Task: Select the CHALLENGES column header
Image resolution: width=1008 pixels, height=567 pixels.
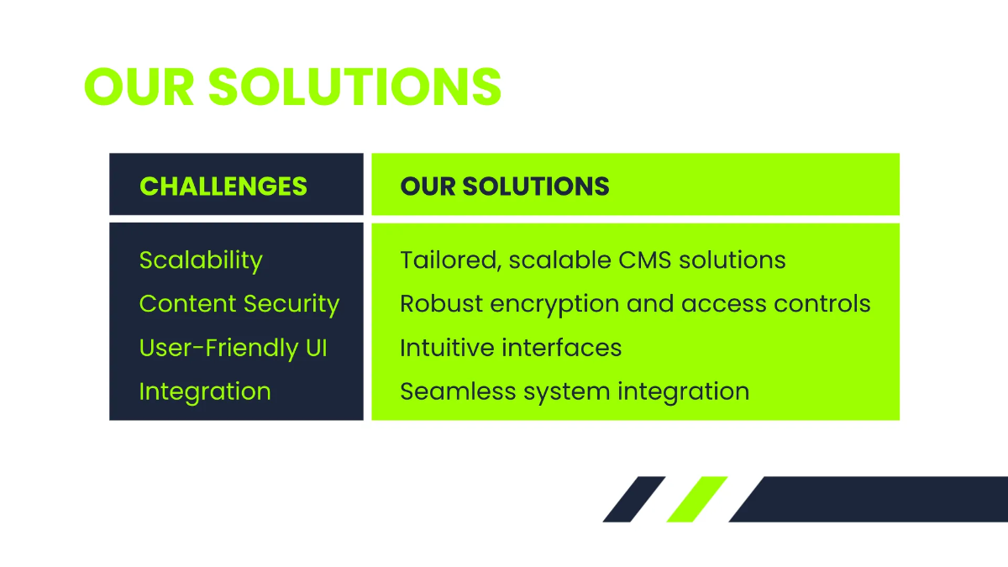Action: tap(223, 186)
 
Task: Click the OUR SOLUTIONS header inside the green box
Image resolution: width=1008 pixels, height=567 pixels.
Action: tap(505, 186)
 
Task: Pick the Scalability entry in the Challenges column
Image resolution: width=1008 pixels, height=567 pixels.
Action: tap(201, 260)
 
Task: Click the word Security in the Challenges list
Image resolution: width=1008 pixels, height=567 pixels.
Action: tap(291, 304)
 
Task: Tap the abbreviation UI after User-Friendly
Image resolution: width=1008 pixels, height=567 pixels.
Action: tap(315, 348)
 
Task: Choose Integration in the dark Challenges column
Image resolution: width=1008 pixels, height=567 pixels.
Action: tap(205, 391)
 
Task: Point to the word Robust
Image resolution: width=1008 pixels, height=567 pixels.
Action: tap(441, 304)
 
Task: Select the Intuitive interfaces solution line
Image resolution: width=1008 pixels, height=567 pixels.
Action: tap(511, 348)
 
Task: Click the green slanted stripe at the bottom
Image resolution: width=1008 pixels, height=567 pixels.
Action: tap(696, 499)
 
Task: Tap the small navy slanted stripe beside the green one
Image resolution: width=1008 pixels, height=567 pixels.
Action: tap(633, 499)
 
